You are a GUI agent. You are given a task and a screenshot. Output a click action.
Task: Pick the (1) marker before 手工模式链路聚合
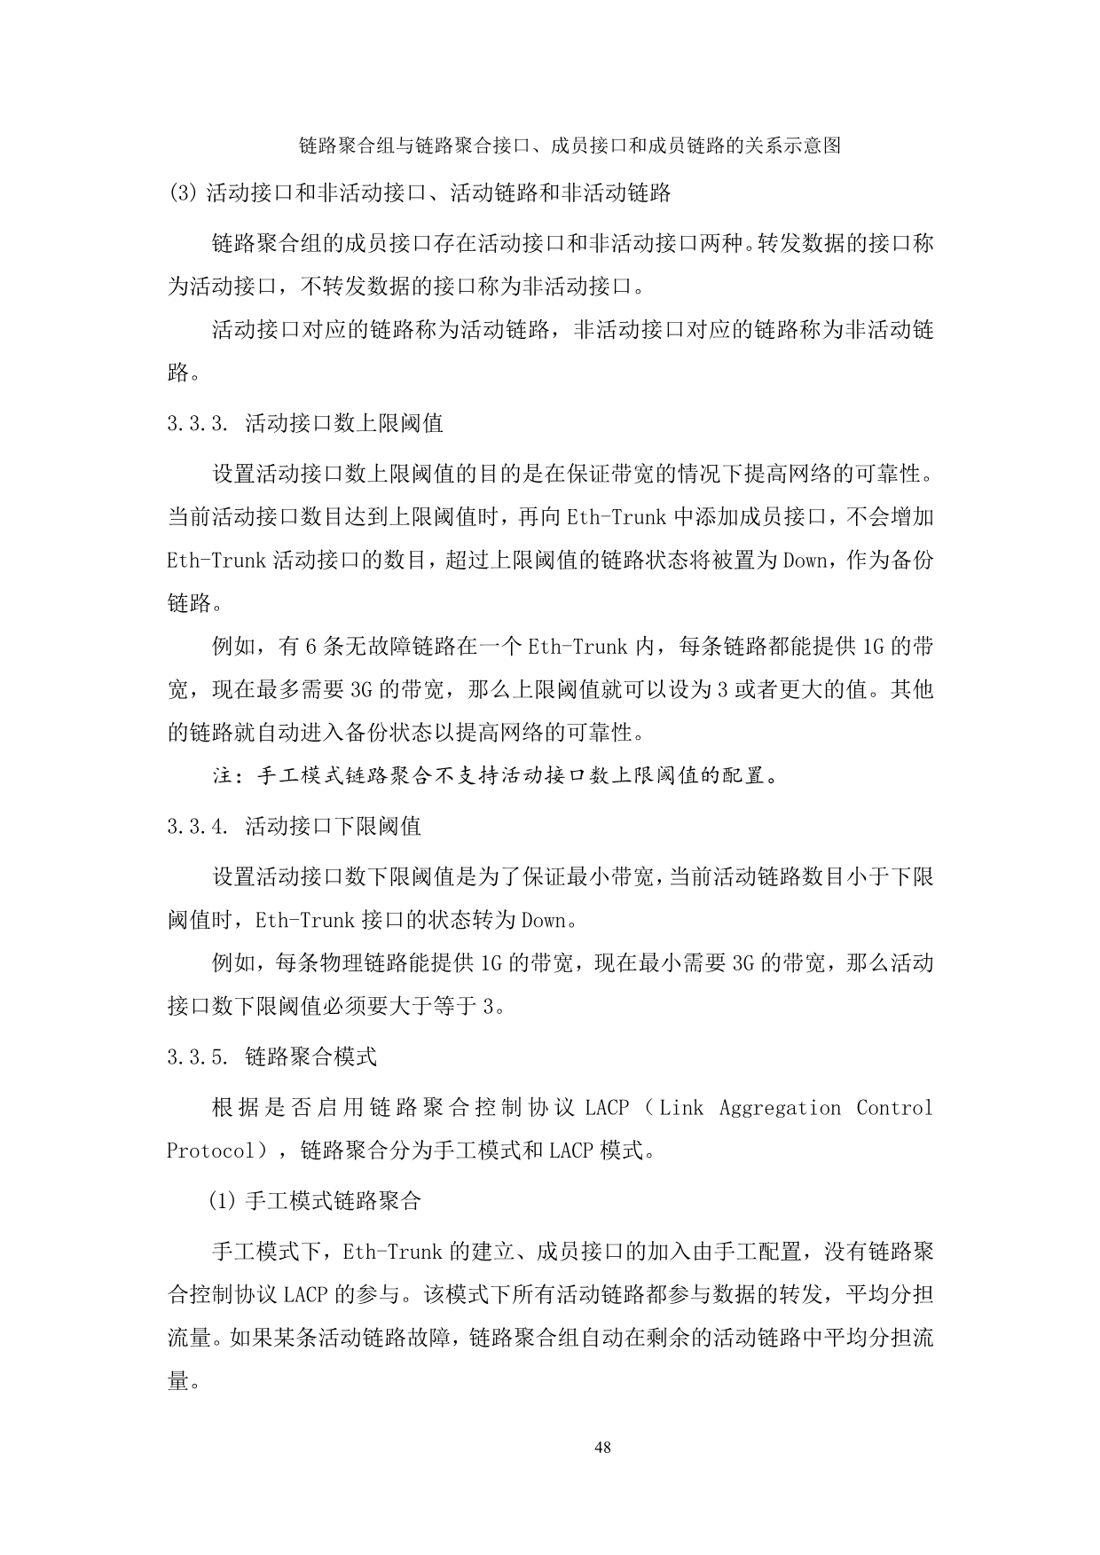[224, 1202]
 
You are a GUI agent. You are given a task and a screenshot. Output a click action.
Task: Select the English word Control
[894, 1108]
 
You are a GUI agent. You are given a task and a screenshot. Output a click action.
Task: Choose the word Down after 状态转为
[543, 921]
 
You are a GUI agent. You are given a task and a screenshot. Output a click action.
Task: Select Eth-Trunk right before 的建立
[392, 1253]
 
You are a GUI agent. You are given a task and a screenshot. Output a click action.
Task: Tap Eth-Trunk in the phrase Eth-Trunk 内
[577, 648]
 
